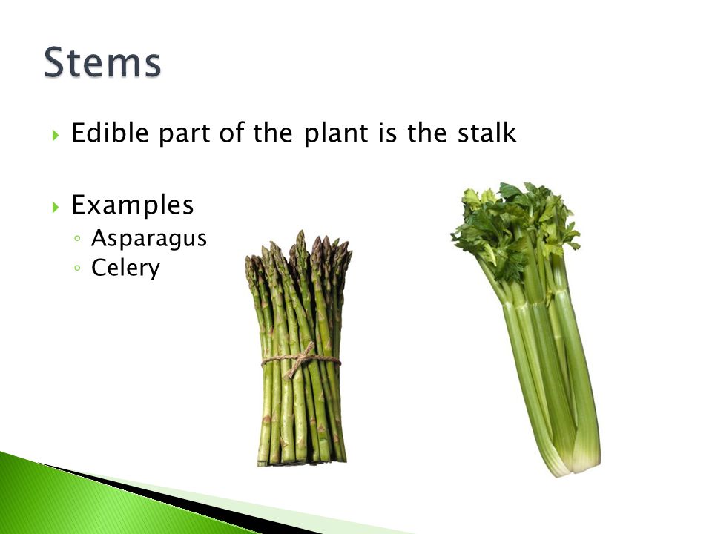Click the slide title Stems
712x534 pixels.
point(102,62)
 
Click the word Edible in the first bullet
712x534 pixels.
point(111,133)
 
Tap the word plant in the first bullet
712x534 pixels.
point(335,133)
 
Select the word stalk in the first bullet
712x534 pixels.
point(487,133)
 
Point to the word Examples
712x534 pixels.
point(133,205)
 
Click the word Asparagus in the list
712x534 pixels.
point(149,238)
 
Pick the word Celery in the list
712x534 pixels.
point(126,268)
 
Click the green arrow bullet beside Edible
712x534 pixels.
point(56,135)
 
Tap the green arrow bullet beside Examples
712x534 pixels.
point(56,207)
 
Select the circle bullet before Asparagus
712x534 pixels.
point(77,238)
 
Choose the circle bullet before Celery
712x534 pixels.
point(77,268)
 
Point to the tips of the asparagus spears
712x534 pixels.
point(299,254)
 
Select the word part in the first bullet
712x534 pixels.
point(184,133)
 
